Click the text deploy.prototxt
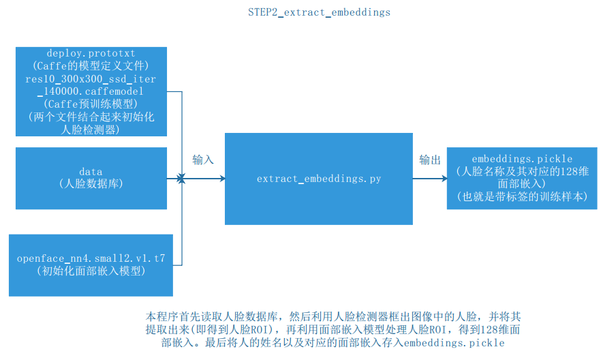tap(91, 52)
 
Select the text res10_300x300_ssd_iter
tap(91, 78)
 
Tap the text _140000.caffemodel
tap(91, 91)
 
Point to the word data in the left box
tap(91, 172)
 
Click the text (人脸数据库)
tap(91, 184)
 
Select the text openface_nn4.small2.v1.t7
tap(91, 258)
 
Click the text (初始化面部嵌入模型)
tap(91, 271)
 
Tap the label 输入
tap(203, 160)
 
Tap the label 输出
tap(429, 160)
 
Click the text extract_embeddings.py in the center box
tap(318, 179)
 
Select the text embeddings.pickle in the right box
tap(521, 159)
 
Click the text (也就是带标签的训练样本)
tap(521, 197)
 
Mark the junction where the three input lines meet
tap(182, 179)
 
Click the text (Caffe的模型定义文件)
tap(91, 65)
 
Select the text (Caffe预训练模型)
tap(91, 104)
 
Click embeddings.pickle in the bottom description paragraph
tap(454, 342)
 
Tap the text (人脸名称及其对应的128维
tap(521, 171)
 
